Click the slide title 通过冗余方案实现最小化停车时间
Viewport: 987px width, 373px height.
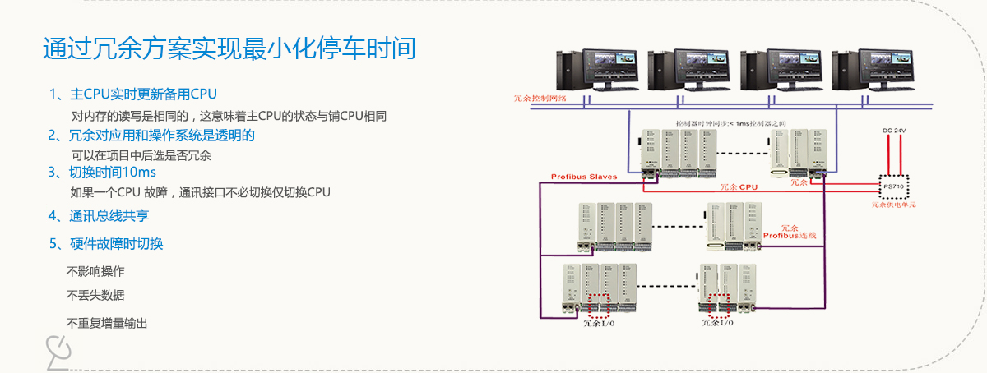tap(229, 48)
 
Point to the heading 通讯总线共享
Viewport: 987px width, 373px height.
tap(99, 216)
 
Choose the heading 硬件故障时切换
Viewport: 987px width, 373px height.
tap(106, 243)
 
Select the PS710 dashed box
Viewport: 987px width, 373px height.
tap(892, 186)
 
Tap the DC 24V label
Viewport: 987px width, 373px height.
tap(894, 131)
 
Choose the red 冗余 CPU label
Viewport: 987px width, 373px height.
tap(738, 186)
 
